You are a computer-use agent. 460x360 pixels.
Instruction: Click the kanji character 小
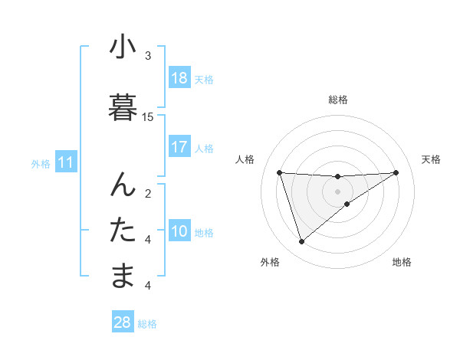123,47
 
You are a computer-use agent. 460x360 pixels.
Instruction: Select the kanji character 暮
123,106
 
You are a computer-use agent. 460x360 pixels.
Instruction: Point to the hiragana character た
123,230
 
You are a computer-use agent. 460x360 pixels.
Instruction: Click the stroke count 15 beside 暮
148,117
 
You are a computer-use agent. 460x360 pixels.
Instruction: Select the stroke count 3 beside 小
148,56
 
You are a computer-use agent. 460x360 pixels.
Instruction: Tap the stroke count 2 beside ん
148,193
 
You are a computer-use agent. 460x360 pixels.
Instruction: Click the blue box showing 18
179,78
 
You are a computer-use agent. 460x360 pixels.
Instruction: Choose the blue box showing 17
179,147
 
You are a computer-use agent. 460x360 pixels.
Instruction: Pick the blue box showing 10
179,231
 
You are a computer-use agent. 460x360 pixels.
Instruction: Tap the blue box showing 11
66,162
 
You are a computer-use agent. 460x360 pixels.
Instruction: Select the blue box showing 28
123,322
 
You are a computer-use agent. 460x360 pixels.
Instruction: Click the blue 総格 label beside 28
147,324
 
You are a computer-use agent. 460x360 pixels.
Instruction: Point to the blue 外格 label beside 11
41,163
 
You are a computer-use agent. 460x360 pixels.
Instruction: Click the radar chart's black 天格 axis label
432,159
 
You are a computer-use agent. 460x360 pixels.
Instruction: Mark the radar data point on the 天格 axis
396,172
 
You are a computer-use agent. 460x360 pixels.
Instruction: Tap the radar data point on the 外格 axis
301,242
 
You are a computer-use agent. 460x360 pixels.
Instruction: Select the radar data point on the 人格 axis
279,172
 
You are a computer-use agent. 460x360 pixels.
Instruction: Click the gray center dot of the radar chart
337,191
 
